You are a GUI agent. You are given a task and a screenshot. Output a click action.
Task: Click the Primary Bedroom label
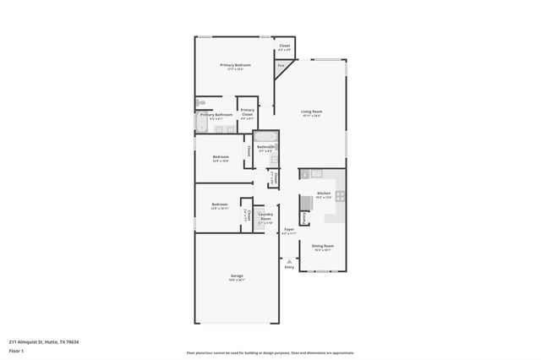pyautogui.click(x=236, y=67)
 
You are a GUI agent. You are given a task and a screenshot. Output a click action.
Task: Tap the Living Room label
pyautogui.click(x=312, y=112)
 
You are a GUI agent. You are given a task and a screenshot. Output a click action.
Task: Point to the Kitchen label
pyautogui.click(x=323, y=194)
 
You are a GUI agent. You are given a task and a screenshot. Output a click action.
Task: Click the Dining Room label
pyautogui.click(x=323, y=248)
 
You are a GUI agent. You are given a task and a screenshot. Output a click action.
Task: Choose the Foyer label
pyautogui.click(x=289, y=231)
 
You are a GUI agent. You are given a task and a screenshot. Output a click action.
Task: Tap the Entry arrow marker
pyautogui.click(x=289, y=262)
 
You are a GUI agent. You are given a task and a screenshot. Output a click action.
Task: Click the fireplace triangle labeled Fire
pyautogui.click(x=281, y=66)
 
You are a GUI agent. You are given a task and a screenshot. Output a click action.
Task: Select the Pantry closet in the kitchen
pyautogui.click(x=303, y=217)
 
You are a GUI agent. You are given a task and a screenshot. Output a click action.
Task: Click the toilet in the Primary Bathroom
pyautogui.click(x=199, y=103)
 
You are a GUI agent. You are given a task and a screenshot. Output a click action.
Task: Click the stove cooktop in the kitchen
pyautogui.click(x=340, y=196)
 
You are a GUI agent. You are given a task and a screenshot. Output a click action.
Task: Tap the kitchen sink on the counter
pyautogui.click(x=316, y=173)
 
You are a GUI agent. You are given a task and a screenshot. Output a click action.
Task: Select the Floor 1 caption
pyautogui.click(x=17, y=351)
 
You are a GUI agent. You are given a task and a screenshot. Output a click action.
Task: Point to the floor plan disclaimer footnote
pyautogui.click(x=270, y=353)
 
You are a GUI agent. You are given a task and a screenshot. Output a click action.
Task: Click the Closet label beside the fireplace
pyautogui.click(x=285, y=47)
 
